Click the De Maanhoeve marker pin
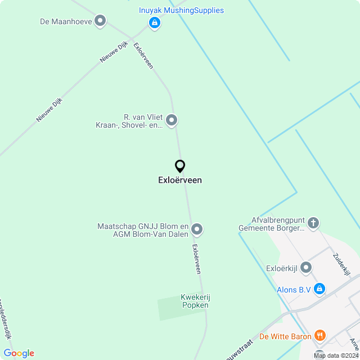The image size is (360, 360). coord(100,21)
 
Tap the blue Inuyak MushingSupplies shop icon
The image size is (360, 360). coord(154,22)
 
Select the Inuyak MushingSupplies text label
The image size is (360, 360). coord(181,10)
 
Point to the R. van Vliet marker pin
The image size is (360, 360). coord(172,120)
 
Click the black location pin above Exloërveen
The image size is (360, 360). coord(180,166)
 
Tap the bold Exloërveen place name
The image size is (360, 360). coord(180,181)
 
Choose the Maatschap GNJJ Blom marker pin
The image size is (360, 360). coord(197,229)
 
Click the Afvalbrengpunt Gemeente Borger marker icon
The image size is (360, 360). coord(313,223)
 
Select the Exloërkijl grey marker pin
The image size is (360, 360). coord(306,267)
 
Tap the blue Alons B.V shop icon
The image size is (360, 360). coord(319,289)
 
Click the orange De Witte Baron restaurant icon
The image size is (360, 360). coord(319,336)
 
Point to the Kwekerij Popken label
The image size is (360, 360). coord(195,301)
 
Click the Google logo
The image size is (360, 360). coord(19,353)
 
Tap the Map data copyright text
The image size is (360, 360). coord(336,355)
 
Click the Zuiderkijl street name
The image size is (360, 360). coord(341,264)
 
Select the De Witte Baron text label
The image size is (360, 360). coord(285,336)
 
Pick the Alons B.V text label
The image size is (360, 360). coord(294,290)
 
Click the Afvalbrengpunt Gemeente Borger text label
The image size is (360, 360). coord(271,224)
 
